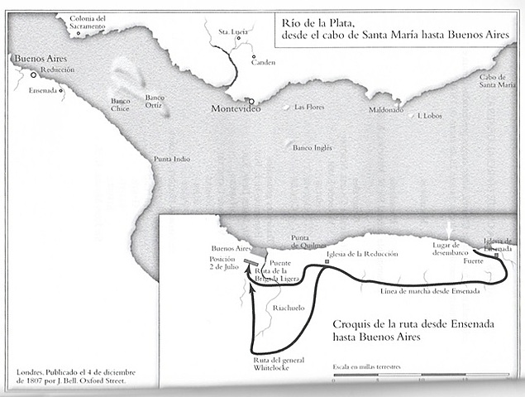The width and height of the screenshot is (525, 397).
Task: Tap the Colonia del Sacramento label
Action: pos(88,22)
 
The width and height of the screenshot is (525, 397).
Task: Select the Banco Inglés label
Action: pos(313,148)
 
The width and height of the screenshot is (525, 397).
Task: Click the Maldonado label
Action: pos(385,109)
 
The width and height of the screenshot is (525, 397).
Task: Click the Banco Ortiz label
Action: pos(155,102)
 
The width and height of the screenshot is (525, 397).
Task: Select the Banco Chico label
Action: pos(121,105)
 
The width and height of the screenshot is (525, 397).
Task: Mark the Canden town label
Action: pos(264,63)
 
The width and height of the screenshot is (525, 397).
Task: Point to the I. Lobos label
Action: pos(431,116)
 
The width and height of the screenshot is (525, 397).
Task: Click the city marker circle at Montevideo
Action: pos(251,102)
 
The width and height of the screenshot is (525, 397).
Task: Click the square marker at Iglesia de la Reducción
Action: pos(327,262)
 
